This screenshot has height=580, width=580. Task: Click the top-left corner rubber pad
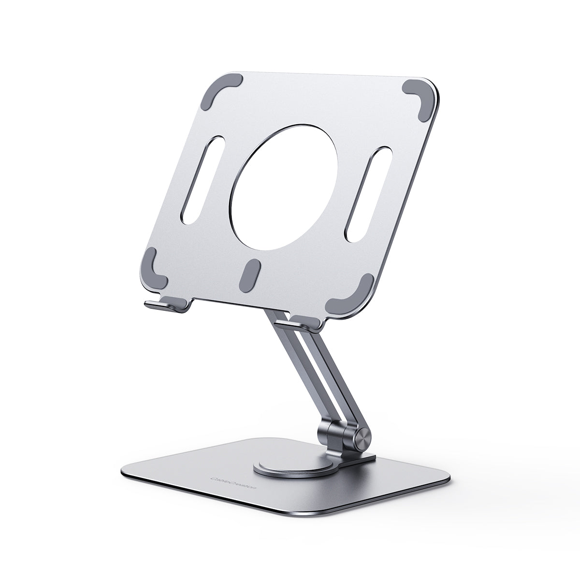(220, 87)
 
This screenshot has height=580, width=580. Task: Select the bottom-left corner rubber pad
(155, 267)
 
